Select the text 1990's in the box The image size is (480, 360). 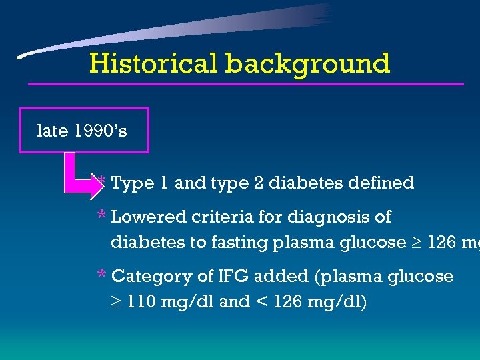101,131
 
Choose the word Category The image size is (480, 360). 153,277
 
